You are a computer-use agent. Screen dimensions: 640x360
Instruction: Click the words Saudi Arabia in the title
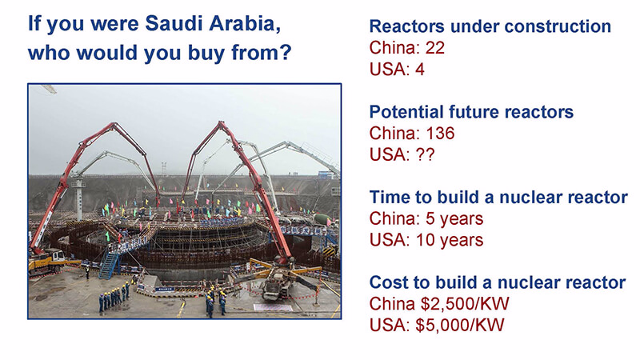pyautogui.click(x=213, y=23)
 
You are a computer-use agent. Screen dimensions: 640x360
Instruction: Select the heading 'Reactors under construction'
pyautogui.click(x=490, y=26)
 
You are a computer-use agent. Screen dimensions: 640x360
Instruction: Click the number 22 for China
pyautogui.click(x=434, y=48)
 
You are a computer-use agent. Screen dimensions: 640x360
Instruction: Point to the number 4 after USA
pyautogui.click(x=419, y=69)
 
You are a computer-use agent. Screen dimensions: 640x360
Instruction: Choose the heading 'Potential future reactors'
pyautogui.click(x=471, y=112)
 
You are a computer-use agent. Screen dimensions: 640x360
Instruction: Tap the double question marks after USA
pyautogui.click(x=425, y=154)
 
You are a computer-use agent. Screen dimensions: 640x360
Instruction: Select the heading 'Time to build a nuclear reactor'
pyautogui.click(x=498, y=197)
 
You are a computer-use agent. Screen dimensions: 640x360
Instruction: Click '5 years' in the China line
pyautogui.click(x=454, y=218)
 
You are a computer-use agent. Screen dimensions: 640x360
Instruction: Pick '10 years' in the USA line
pyautogui.click(x=450, y=240)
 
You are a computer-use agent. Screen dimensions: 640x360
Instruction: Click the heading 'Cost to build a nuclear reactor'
pyautogui.click(x=497, y=282)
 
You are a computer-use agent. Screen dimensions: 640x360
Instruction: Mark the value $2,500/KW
pyautogui.click(x=465, y=304)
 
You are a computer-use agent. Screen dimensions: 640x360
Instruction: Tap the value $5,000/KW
pyautogui.click(x=460, y=326)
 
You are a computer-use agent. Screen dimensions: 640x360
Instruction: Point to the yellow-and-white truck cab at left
pyautogui.click(x=55, y=257)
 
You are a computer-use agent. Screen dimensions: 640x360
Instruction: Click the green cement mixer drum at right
pyautogui.click(x=323, y=219)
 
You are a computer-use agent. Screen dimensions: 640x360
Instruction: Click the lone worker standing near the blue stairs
pyautogui.click(x=87, y=272)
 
